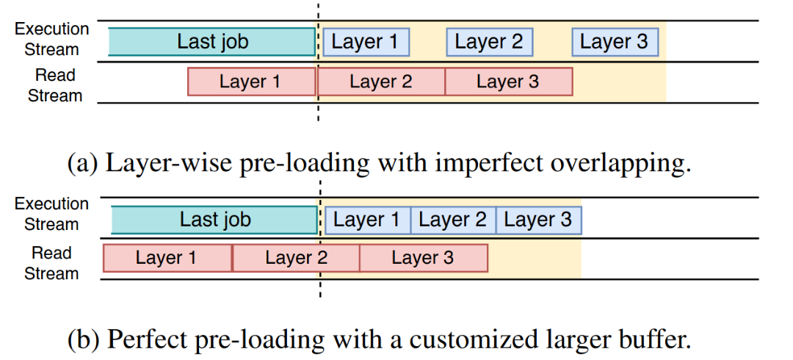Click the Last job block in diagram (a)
pyautogui.click(x=212, y=42)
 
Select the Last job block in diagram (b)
pyautogui.click(x=214, y=220)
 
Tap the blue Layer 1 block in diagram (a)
pyautogui.click(x=366, y=42)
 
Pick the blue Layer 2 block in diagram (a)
pyautogui.click(x=490, y=42)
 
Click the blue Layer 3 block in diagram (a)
pyautogui.click(x=615, y=42)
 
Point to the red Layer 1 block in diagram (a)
pyautogui.click(x=252, y=82)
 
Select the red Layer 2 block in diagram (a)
pyautogui.click(x=381, y=82)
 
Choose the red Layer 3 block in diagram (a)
pyautogui.click(x=509, y=82)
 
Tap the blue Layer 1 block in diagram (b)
pyautogui.click(x=368, y=220)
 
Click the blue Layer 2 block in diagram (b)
pyautogui.click(x=453, y=220)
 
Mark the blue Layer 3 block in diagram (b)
pyautogui.click(x=539, y=220)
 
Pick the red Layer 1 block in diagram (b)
pyautogui.click(x=167, y=258)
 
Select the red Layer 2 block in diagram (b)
pyautogui.click(x=296, y=258)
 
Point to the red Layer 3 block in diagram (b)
pyautogui.click(x=424, y=258)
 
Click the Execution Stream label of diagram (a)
pyautogui.click(x=52, y=39)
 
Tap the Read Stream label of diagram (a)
pyautogui.click(x=54, y=85)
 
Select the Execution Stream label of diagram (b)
pyautogui.click(x=51, y=214)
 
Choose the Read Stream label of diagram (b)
pyautogui.click(x=51, y=263)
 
